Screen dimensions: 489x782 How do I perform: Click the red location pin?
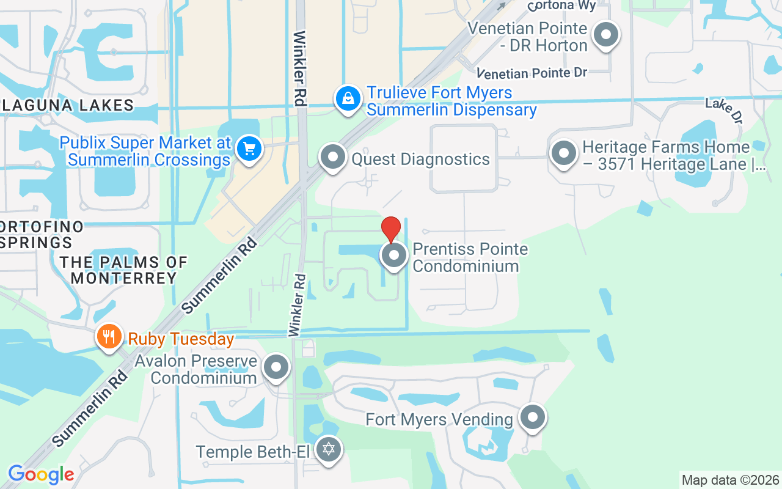(391, 229)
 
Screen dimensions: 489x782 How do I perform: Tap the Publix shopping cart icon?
(249, 149)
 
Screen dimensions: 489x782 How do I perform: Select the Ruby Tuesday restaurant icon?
(109, 336)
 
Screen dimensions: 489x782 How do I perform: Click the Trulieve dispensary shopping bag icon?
(348, 98)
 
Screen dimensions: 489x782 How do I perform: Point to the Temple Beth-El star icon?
(329, 450)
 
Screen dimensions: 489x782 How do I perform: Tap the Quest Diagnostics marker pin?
(333, 157)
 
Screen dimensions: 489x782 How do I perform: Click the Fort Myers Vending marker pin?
(533, 418)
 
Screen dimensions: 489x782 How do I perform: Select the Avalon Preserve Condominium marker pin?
(276, 368)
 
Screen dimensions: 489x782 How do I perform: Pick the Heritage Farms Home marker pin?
(563, 153)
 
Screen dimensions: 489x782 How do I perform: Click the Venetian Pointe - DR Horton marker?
(605, 35)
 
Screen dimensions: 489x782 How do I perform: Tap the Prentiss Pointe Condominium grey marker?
(394, 256)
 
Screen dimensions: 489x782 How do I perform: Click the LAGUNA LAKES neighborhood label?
(67, 105)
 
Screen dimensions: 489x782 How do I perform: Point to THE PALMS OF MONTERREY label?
(123, 270)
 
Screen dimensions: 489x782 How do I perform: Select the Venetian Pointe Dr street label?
(532, 73)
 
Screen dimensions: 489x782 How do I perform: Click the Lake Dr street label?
(723, 110)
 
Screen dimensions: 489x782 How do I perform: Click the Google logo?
(41, 474)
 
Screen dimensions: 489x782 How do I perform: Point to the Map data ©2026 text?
(731, 480)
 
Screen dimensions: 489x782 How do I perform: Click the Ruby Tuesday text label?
(181, 339)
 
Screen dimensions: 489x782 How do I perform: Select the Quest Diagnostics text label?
(420, 160)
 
